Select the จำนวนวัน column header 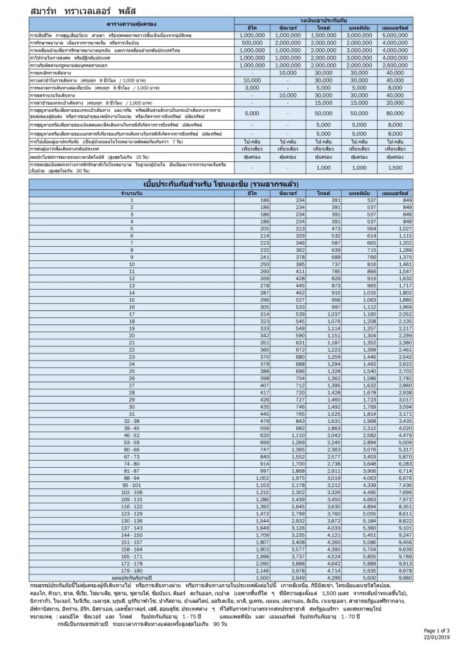[x=132, y=193]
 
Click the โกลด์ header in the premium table [x=322, y=193]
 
